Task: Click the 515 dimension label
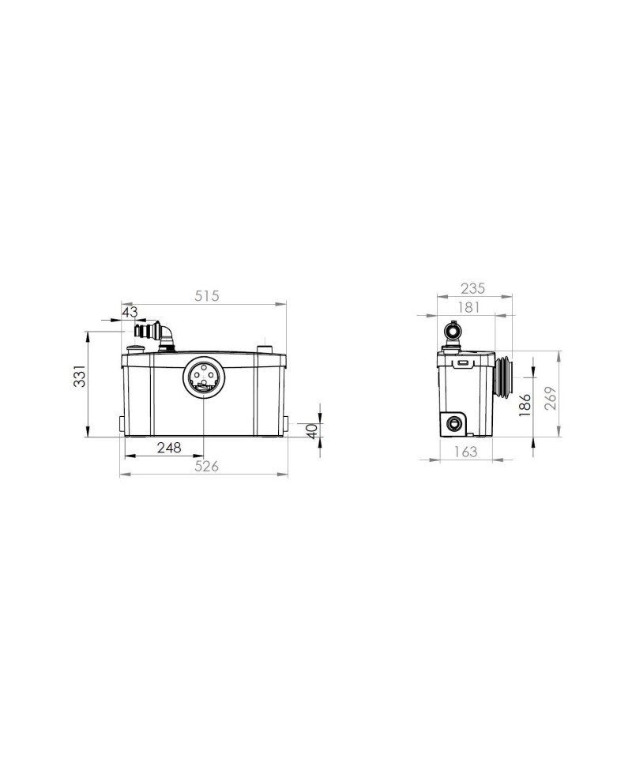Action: [x=206, y=296]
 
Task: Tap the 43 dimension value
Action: [x=130, y=313]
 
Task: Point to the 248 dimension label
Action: [x=169, y=448]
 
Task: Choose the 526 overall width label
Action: [x=206, y=466]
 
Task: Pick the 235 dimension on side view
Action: [x=472, y=289]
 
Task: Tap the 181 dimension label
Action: [x=468, y=307]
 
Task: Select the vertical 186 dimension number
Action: [x=525, y=405]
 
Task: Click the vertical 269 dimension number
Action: [x=551, y=398]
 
